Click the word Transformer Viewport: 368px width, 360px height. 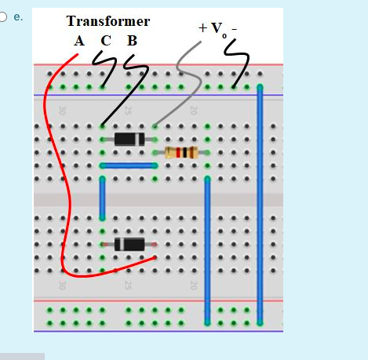tap(108, 21)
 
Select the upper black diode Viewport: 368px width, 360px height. tap(128, 139)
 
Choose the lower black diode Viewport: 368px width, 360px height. tap(128, 244)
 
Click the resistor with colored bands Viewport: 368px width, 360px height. tap(182, 152)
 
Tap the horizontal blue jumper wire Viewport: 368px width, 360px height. tap(128, 165)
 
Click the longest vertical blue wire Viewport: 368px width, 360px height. tap(259, 204)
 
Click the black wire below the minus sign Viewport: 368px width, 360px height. tap(241, 66)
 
